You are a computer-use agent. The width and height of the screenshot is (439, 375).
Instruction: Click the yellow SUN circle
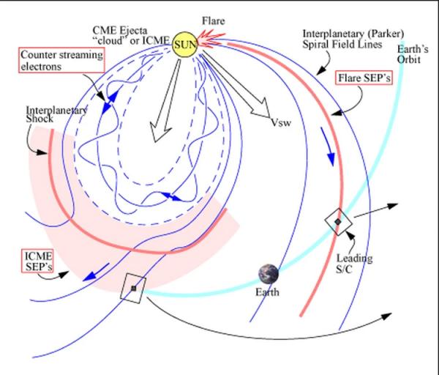pos(185,45)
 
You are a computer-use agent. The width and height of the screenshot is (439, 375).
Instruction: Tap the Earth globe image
pos(269,274)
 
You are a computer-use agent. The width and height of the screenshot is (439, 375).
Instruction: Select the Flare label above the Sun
pos(214,21)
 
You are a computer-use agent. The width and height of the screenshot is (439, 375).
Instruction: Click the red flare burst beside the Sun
pos(211,40)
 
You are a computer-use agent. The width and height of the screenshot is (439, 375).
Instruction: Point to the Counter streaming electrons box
pos(61,60)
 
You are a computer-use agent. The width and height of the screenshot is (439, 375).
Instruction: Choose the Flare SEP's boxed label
pos(364,78)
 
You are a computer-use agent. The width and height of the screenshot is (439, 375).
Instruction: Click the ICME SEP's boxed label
pos(37,261)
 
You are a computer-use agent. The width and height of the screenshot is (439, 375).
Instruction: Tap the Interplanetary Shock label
pos(56,114)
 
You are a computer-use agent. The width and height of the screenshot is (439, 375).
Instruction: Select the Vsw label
pos(281,122)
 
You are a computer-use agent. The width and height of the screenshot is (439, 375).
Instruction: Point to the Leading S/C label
pos(354,264)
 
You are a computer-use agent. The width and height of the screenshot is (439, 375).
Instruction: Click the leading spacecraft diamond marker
pos(338,222)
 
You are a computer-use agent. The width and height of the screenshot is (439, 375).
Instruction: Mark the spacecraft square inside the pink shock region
pos(133,288)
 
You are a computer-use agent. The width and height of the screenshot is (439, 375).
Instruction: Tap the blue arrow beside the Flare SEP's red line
pos(328,146)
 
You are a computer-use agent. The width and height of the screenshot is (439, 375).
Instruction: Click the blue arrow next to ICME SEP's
pos(96,272)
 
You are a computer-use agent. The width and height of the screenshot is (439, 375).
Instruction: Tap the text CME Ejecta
pos(120,30)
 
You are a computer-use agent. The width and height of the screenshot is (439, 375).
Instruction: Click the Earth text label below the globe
pos(267,292)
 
